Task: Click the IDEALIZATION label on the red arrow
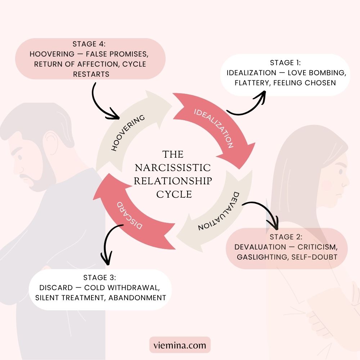coord(214,128)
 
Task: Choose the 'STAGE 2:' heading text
coord(287,237)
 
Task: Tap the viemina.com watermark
coord(180,346)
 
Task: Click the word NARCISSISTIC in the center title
coord(173,168)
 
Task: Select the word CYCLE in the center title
coord(174,194)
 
